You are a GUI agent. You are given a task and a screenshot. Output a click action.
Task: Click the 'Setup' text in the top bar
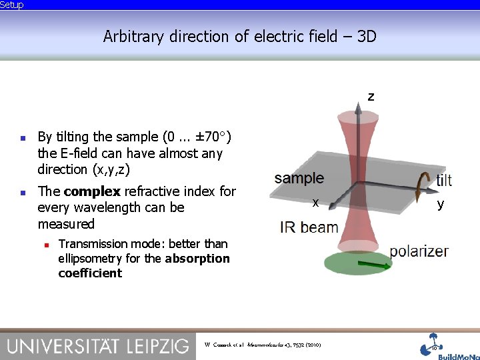pos(12,5)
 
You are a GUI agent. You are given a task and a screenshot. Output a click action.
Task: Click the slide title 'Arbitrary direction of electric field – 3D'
pos(240,36)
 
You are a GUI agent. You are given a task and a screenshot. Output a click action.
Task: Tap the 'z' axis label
pos(371,97)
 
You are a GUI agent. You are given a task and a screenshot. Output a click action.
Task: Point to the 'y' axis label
pos(440,204)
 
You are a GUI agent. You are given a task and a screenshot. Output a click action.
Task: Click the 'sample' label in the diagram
pos(299,178)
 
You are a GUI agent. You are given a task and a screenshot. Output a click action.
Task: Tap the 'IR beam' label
pos(309,227)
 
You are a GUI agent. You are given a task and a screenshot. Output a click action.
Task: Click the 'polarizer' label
pos(419,251)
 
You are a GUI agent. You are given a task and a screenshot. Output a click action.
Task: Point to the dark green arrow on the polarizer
pos(377,267)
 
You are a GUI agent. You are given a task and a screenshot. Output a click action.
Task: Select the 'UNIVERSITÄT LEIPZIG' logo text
pos(98,345)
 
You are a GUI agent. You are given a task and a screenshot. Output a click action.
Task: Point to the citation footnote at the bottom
pos(263,345)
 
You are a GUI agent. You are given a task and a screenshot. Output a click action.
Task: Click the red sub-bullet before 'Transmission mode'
pos(45,245)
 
